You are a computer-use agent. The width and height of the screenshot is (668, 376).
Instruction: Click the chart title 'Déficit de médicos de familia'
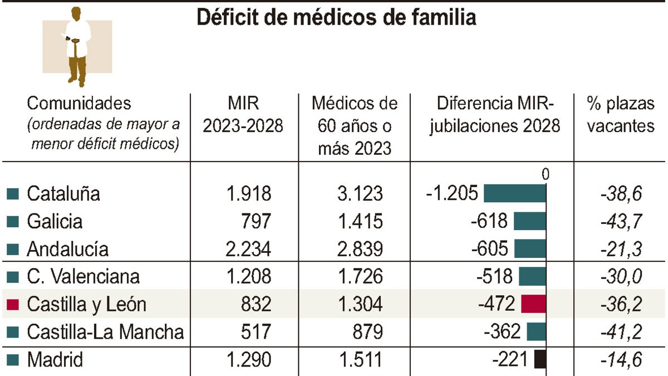click(x=337, y=18)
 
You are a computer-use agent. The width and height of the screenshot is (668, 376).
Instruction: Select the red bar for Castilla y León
click(x=533, y=304)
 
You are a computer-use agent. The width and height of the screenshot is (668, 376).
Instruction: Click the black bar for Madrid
click(x=539, y=360)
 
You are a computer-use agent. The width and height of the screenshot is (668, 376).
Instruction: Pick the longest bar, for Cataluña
click(x=514, y=193)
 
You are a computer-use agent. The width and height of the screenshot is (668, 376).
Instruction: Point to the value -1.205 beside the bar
click(x=451, y=193)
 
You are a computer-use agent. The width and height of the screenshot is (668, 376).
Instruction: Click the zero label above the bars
click(x=545, y=174)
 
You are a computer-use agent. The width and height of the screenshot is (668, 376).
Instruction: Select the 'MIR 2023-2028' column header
click(x=243, y=115)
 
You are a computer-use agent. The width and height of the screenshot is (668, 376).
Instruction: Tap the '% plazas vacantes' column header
click(x=621, y=115)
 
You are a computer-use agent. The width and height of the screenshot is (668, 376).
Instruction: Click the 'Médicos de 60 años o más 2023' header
click(x=355, y=126)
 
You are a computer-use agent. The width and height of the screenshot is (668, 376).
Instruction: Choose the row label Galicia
click(x=55, y=221)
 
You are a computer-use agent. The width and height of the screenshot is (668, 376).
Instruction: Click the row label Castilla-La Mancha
click(x=105, y=332)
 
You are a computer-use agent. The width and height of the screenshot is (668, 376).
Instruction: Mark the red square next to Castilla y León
click(x=13, y=305)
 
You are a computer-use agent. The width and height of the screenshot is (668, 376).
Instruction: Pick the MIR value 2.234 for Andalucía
click(x=248, y=249)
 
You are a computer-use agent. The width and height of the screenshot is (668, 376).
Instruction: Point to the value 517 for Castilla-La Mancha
click(x=256, y=332)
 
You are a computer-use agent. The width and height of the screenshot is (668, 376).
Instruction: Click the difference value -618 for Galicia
click(x=489, y=221)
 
